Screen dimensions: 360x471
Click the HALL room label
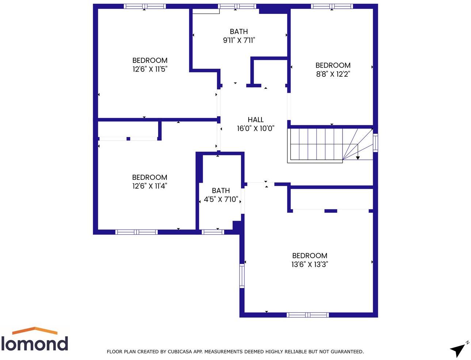coord(256,120)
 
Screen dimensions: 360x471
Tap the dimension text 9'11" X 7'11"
coord(239,40)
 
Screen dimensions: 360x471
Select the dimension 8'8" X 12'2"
coord(333,74)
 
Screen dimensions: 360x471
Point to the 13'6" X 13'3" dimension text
coord(310,264)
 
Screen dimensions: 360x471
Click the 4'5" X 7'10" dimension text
coord(221,199)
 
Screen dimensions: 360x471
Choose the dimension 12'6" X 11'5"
coord(150,69)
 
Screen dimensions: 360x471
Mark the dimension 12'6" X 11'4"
coord(150,186)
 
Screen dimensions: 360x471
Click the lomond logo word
coord(35,344)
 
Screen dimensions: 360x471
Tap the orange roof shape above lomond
coord(35,330)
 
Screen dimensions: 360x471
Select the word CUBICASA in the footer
coord(179,352)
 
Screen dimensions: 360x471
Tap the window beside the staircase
coord(375,143)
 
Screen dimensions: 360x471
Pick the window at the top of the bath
coord(237,6)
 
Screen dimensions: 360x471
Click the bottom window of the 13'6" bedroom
coord(308,315)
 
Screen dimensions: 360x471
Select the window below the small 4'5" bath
coord(213,232)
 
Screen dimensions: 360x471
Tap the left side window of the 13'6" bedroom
coord(242,276)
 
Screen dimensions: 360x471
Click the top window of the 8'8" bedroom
coord(332,6)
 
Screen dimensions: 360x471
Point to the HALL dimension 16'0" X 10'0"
coord(256,128)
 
